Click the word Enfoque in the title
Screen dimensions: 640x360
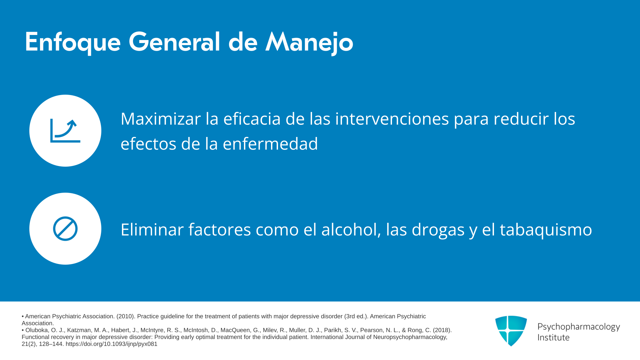point(73,42)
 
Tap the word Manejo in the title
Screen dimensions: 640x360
point(309,42)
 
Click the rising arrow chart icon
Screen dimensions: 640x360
point(65,131)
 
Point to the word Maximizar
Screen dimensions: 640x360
point(161,119)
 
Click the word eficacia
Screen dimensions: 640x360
point(252,119)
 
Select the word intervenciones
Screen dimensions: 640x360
point(392,119)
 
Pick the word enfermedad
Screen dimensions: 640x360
point(270,144)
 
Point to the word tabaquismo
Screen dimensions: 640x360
point(546,230)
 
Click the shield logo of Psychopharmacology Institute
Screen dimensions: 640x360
point(511,331)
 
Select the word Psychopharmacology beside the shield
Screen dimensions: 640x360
point(579,327)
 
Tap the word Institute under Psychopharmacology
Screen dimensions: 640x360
point(553,338)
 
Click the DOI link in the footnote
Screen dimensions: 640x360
point(111,344)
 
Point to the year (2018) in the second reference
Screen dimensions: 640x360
point(442,330)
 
